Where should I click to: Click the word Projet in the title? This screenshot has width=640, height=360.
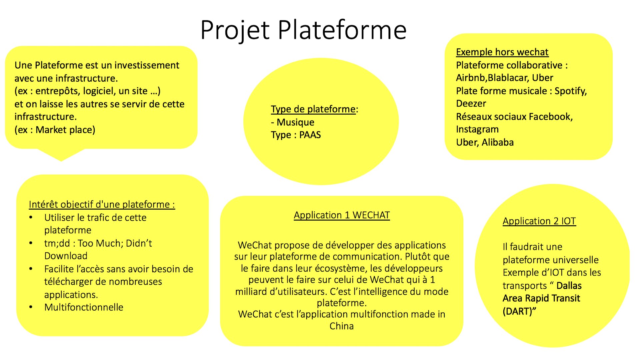coord(235,30)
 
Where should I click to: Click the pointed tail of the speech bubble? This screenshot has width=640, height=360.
coord(61,161)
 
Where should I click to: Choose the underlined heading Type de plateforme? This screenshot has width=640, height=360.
coord(313,109)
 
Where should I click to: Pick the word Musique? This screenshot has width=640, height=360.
coord(295,122)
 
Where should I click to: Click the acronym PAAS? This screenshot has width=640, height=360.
coord(310,135)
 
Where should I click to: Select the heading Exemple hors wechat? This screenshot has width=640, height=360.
coord(502,52)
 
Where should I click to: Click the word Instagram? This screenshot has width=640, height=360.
coord(477,129)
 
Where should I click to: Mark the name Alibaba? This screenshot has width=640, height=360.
coord(498,142)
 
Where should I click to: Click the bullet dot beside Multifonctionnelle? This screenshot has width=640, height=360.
coord(31,307)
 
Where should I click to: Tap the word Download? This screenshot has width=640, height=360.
coord(66,256)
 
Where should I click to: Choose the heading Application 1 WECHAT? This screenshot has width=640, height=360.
coord(342,215)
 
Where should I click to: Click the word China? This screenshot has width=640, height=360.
coord(342,326)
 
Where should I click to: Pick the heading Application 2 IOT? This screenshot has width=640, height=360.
coord(539,221)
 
